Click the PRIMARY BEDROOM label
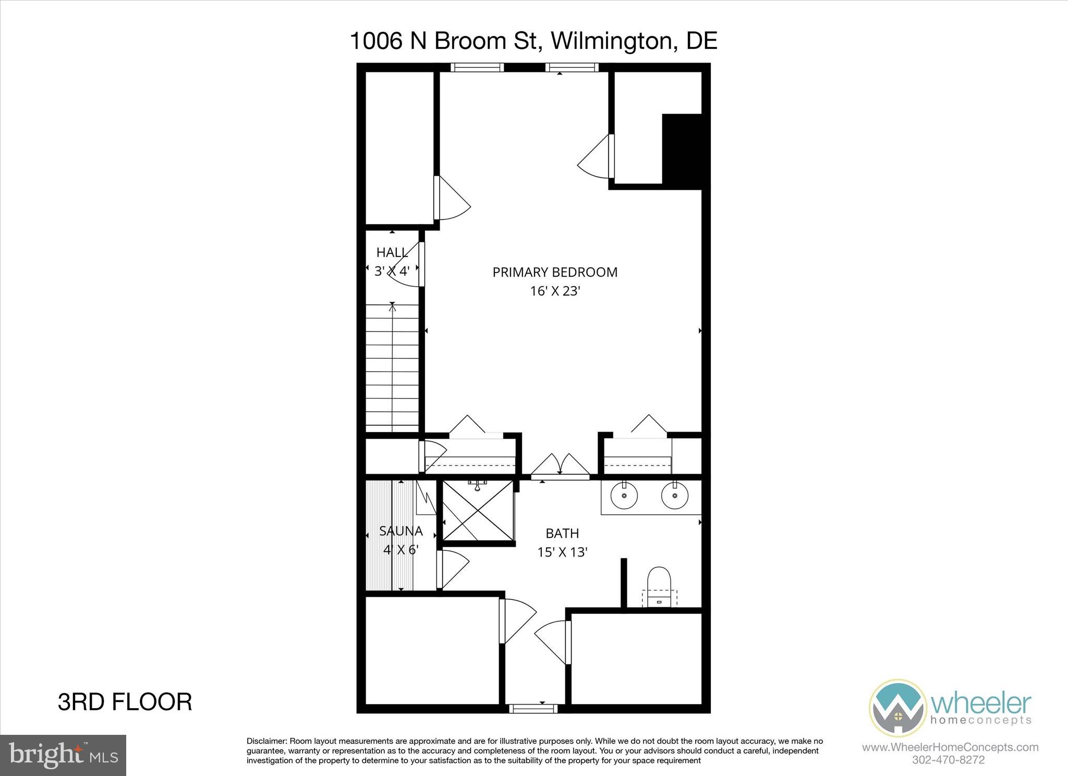[555, 272]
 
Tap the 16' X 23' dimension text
[555, 291]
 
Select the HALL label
[392, 253]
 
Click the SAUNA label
[400, 531]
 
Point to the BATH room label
[562, 533]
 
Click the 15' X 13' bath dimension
[562, 552]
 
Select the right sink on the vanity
[674, 497]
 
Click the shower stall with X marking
[478, 511]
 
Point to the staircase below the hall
[392, 367]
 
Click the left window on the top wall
[477, 67]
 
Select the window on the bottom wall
[533, 708]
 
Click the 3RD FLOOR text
[125, 702]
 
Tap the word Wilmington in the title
[610, 41]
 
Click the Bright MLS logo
[63, 755]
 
